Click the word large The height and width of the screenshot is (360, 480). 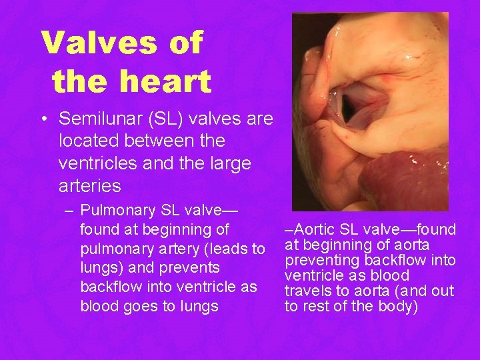click(225, 163)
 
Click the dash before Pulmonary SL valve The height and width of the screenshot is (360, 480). click(69, 211)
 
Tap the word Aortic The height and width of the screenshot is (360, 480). click(312, 230)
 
